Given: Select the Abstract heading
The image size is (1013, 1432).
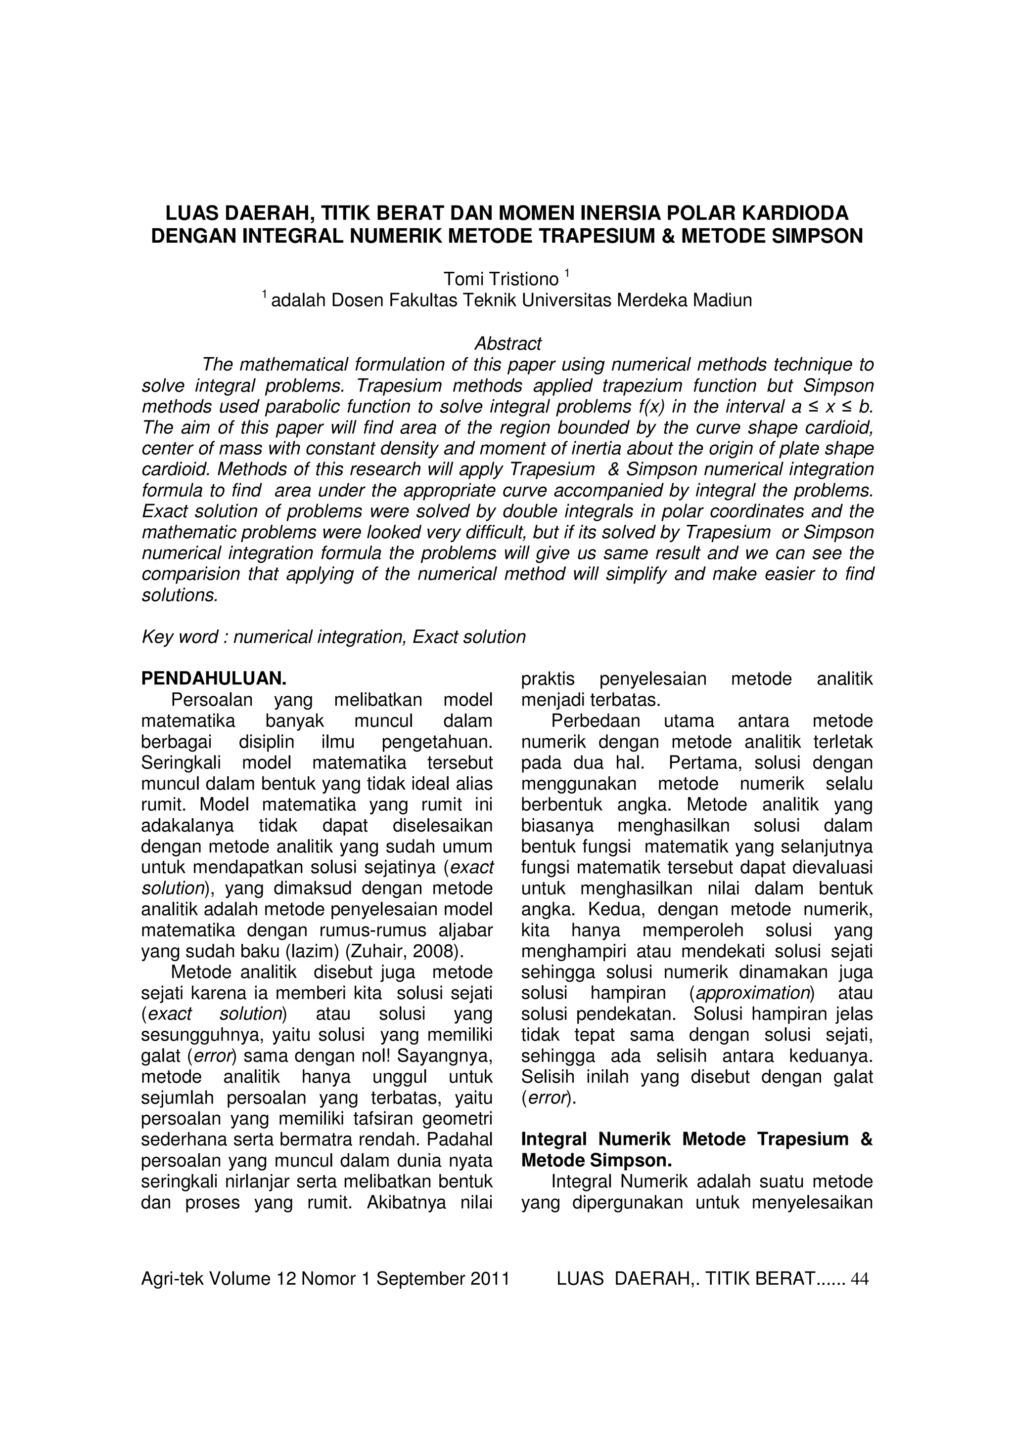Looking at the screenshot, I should click(507, 343).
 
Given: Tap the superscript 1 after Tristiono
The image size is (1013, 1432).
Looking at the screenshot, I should click(567, 273).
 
